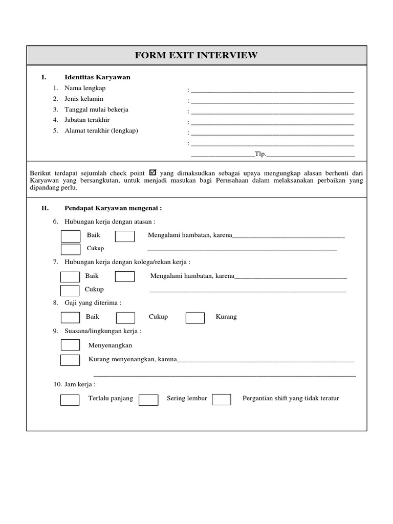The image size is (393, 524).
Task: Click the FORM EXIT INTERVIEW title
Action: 196,55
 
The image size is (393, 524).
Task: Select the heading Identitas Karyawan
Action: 97,77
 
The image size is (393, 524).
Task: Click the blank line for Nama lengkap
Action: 272,90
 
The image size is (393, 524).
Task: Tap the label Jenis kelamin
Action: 84,99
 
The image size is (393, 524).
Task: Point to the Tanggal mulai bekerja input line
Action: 272,111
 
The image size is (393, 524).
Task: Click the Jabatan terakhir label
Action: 87,120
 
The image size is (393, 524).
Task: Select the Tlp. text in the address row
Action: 260,154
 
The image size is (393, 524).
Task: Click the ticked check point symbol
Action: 154,172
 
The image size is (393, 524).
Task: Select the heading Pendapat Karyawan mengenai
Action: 113,208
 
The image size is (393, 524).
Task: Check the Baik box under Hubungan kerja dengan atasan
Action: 71,236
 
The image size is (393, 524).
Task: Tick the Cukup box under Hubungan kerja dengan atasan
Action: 71,249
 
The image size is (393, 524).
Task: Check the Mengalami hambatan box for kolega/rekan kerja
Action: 125,277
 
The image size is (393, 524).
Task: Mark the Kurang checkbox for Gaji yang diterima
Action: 195,318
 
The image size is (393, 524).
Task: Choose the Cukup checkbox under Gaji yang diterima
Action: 125,318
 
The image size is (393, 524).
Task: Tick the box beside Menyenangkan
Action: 70,345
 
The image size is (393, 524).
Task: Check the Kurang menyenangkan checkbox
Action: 70,360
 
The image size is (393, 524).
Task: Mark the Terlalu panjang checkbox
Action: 70,400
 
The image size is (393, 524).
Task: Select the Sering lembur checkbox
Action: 148,400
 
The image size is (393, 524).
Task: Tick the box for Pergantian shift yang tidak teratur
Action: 222,400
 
